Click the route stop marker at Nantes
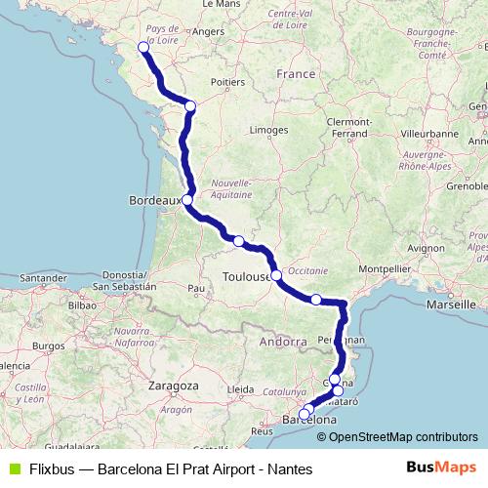coord(143,47)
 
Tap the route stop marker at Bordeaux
coord(186,200)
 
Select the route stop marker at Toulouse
coord(277,274)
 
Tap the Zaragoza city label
coord(174,386)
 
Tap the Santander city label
coord(40,278)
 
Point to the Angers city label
coord(209,31)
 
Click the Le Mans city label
coord(222,5)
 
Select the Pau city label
coord(196,289)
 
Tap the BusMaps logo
coord(441,468)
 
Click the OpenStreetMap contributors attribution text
coord(404,436)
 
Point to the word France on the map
coord(296,73)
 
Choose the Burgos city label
coord(48,346)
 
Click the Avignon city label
coord(427,248)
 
